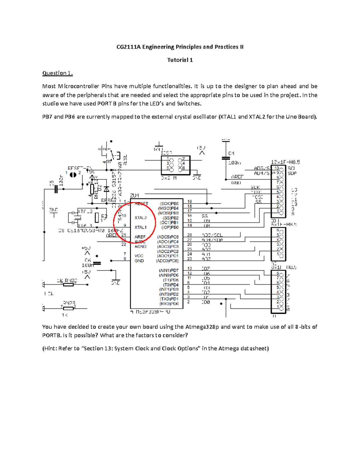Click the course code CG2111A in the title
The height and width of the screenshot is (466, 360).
tap(128, 47)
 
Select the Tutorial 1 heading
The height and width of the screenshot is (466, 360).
tap(180, 60)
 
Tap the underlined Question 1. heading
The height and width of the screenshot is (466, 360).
tap(57, 73)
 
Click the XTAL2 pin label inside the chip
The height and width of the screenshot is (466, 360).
tap(141, 218)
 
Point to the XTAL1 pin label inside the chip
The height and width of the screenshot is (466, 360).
tap(140, 227)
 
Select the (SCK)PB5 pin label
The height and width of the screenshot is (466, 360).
tap(169, 203)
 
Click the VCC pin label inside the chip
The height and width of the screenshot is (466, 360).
tap(139, 256)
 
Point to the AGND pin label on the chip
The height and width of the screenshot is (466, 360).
tap(140, 246)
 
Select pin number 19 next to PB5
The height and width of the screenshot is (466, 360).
tap(190, 202)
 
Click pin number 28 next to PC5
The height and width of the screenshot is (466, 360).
tap(190, 235)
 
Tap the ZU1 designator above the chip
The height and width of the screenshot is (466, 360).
tap(135, 196)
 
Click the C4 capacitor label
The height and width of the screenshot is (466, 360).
tap(231, 153)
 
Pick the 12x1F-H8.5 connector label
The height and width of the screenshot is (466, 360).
tap(285, 162)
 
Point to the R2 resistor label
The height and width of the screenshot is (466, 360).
tap(104, 216)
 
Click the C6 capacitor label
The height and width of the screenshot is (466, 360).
tap(88, 260)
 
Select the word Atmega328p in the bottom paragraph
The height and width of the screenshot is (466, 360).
tap(202, 327)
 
